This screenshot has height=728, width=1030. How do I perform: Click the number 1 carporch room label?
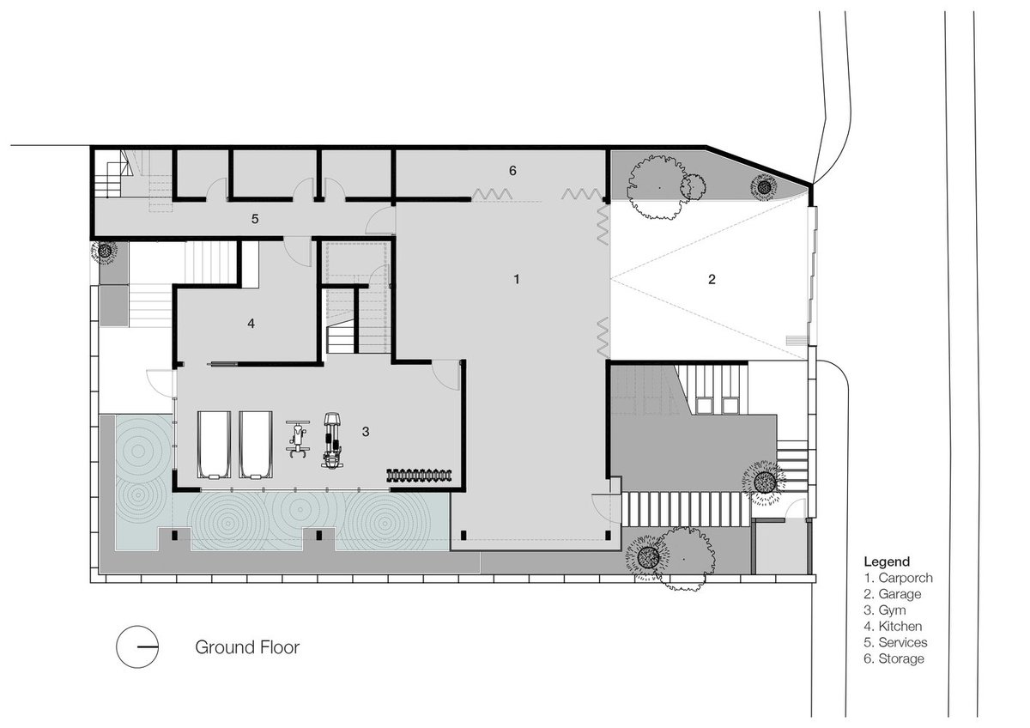[x=517, y=279]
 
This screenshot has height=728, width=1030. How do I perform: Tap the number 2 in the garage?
[x=712, y=279]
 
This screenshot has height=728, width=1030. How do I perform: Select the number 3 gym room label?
[x=366, y=431]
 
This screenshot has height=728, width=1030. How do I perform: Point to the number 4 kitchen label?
[x=251, y=324]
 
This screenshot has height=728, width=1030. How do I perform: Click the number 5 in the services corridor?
[x=255, y=219]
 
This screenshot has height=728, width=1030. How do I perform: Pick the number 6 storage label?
[x=512, y=171]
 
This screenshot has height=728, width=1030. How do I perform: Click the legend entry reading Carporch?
[x=899, y=578]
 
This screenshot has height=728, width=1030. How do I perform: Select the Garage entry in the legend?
[x=893, y=594]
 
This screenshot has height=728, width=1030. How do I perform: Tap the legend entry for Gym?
[x=885, y=610]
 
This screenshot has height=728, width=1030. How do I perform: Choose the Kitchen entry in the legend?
[x=893, y=626]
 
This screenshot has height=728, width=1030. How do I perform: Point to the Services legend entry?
[x=896, y=642]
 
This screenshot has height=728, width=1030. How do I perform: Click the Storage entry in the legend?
[x=894, y=658]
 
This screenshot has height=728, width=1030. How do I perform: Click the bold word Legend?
[x=887, y=561]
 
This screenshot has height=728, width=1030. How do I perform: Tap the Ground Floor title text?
[x=247, y=647]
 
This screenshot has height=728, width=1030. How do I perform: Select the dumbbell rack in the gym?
[x=420, y=475]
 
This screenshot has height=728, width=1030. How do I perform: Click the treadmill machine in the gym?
[x=332, y=440]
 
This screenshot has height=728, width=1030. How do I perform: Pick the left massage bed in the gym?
[x=215, y=445]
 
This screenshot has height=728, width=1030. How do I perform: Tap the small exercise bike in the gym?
[x=298, y=440]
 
